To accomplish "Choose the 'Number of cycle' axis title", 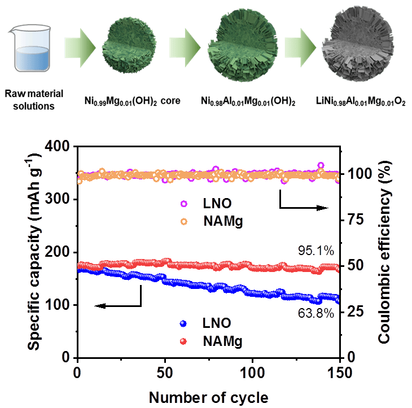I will tap(208, 397).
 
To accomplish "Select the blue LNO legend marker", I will tap(182, 324).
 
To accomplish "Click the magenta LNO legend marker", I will tap(182, 204).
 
